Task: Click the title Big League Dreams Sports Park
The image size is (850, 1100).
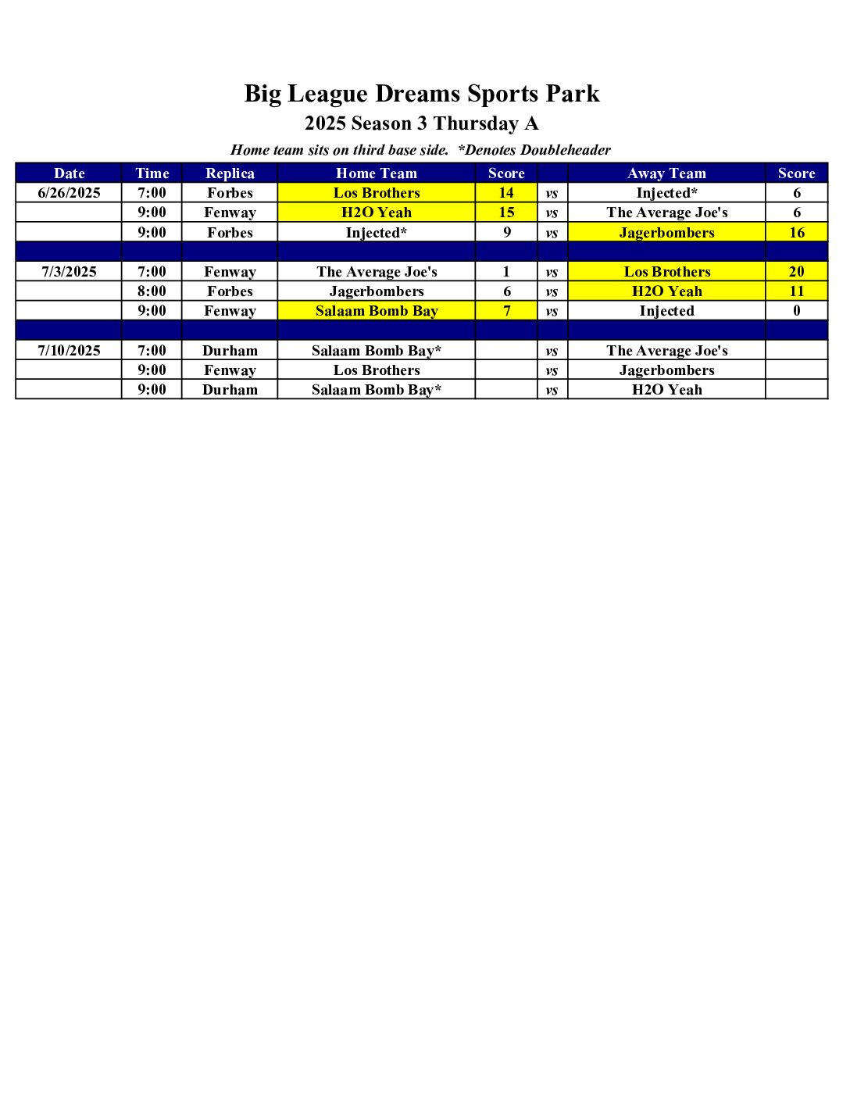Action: point(422,94)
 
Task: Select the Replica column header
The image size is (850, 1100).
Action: point(230,173)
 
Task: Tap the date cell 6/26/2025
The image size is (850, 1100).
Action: point(69,193)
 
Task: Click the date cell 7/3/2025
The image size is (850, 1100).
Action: point(69,272)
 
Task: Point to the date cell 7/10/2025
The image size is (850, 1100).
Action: point(69,351)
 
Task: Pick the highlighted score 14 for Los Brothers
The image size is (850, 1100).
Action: point(506,193)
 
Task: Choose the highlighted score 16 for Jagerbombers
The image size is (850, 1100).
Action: point(796,233)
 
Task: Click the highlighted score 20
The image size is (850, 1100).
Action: point(796,272)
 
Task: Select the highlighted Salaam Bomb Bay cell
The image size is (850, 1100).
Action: point(377,311)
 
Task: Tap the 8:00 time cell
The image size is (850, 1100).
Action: point(152,291)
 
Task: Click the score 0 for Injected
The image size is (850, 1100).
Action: point(796,311)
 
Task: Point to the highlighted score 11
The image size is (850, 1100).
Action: point(796,291)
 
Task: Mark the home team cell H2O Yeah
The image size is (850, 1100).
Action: point(377,212)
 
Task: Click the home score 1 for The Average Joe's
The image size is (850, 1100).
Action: point(506,272)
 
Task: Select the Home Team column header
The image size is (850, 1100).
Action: point(377,173)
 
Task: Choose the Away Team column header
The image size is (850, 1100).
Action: point(666,173)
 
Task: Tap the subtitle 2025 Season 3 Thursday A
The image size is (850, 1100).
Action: point(422,123)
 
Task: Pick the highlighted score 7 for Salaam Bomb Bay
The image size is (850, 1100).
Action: point(506,311)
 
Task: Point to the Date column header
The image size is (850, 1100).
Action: point(69,173)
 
